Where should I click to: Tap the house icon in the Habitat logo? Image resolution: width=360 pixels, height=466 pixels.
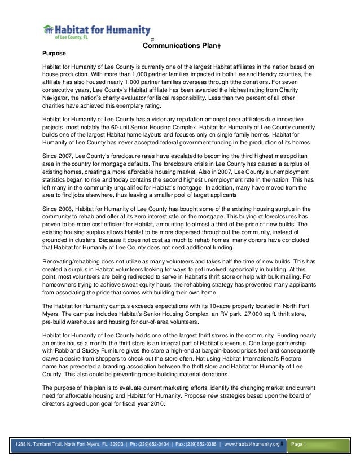(49, 30)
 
